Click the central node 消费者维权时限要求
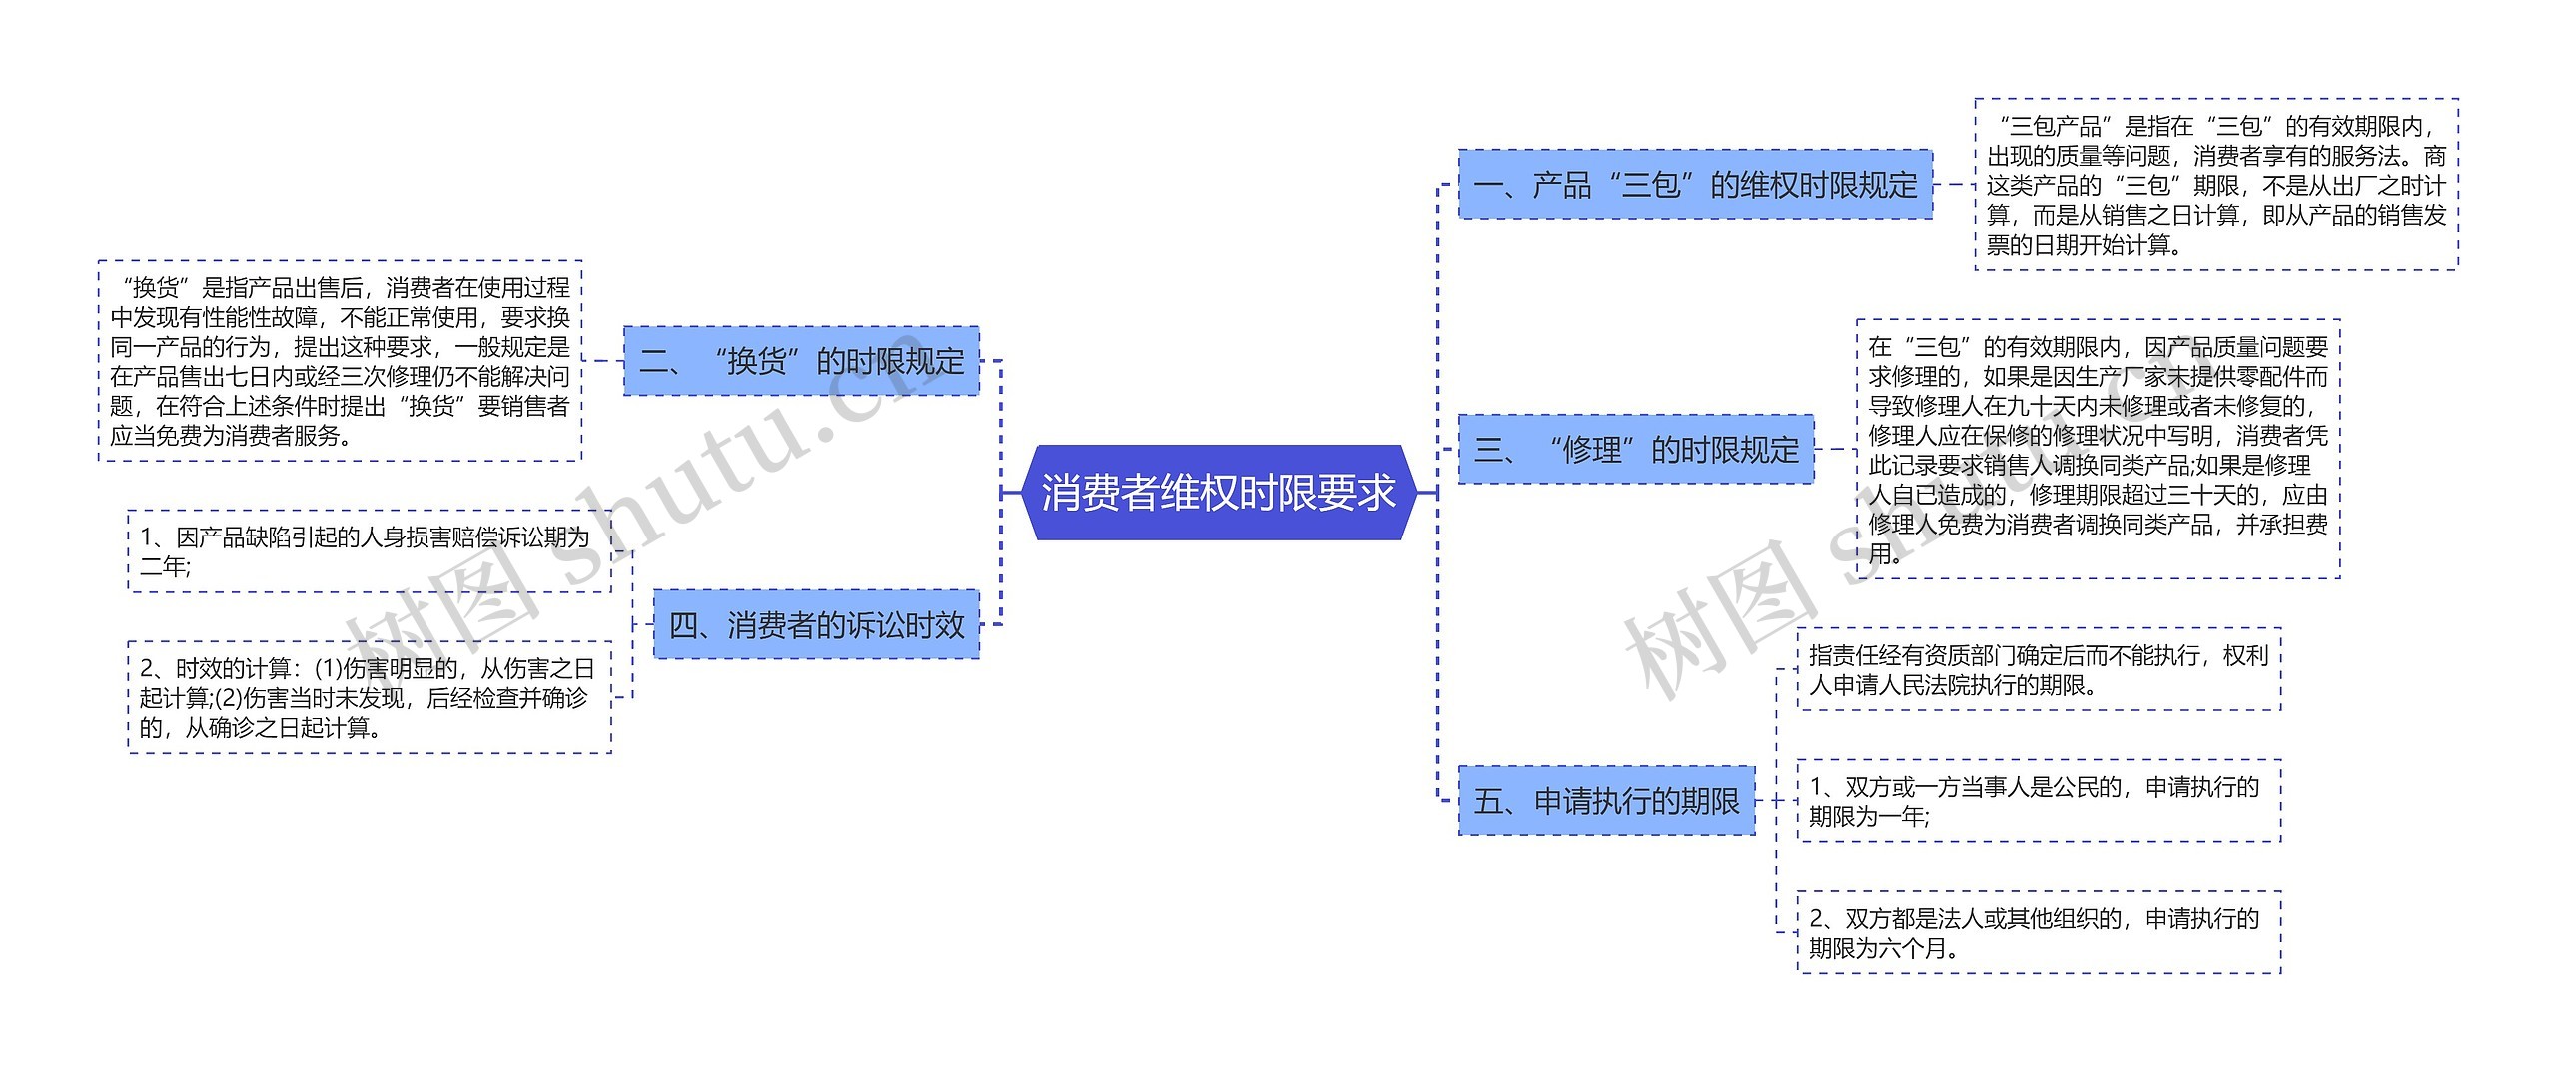click(x=1219, y=493)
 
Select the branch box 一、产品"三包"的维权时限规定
click(x=1695, y=185)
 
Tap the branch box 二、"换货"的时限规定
click(x=801, y=361)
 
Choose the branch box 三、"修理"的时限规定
click(x=1636, y=450)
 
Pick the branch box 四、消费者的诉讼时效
click(x=816, y=625)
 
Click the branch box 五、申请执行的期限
click(x=1606, y=801)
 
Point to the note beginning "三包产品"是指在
click(x=2215, y=185)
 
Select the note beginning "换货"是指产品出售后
click(x=340, y=361)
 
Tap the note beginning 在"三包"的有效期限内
click(x=2098, y=450)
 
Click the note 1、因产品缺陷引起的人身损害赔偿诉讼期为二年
click(x=370, y=551)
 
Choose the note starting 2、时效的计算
click(x=370, y=697)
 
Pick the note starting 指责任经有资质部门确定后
click(x=2039, y=669)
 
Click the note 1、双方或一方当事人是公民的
click(x=2039, y=801)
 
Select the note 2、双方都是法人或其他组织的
click(x=2039, y=932)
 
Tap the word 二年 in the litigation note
click(x=163, y=567)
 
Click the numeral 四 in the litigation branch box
click(x=684, y=626)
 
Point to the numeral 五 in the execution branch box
click(x=1489, y=802)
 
